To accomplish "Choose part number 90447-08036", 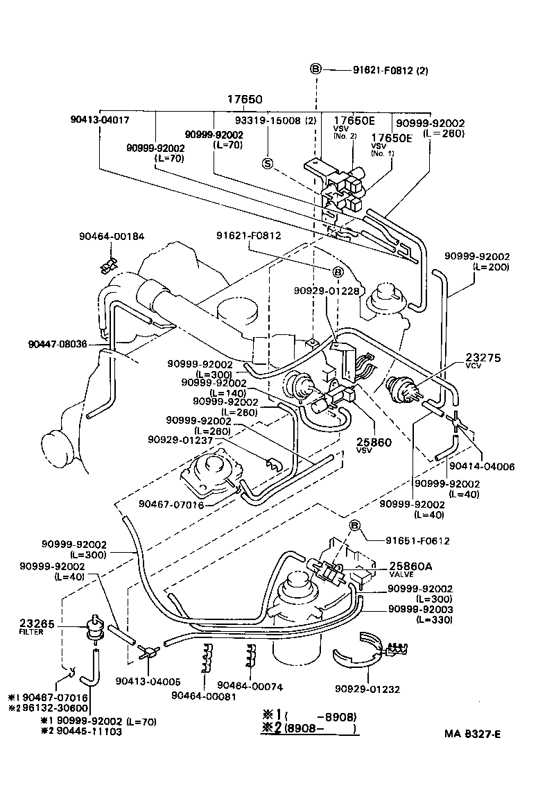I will (58, 343).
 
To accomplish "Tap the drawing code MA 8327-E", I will (472, 734).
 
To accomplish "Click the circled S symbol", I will (268, 163).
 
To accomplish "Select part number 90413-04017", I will (100, 119).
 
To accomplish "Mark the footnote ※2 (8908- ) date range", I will (310, 728).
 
